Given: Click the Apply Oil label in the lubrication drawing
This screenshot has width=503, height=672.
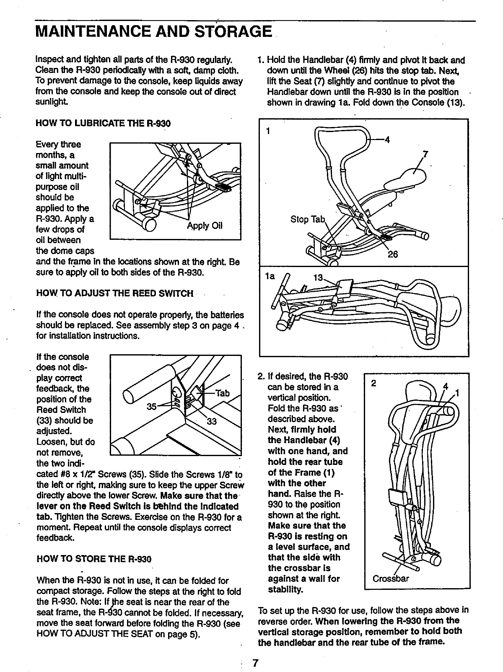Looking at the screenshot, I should tap(205, 226).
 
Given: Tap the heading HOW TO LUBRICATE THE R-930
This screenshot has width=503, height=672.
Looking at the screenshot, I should tap(104, 123).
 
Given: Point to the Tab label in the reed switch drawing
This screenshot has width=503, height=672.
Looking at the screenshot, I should tap(222, 393).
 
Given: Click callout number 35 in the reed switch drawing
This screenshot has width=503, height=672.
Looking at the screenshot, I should tap(151, 406).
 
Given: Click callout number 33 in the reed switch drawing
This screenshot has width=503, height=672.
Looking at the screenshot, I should tap(212, 421).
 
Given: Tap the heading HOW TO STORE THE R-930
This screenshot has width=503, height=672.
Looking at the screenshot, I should tap(94, 559).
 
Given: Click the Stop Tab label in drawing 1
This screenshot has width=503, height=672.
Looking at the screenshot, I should tap(308, 219).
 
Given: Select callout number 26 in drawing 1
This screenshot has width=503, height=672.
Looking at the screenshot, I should tap(392, 254).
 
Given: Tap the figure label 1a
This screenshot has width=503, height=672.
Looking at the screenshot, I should tap(270, 277).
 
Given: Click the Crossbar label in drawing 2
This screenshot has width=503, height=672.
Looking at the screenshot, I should tap(391, 579).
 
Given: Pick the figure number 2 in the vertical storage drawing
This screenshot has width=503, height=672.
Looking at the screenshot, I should tap(374, 383).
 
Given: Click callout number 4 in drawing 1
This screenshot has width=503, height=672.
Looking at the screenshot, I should tap(388, 140).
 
